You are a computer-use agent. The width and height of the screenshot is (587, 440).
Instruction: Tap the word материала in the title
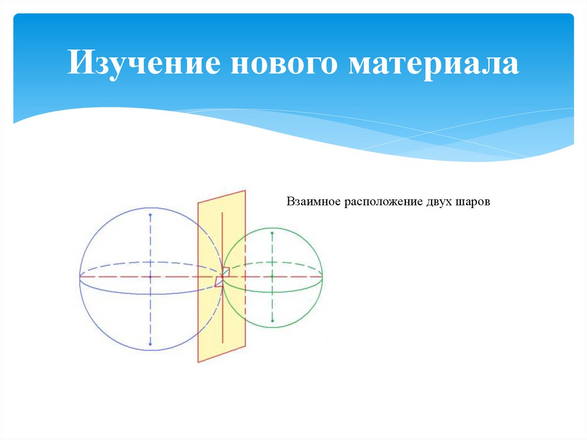[433, 64]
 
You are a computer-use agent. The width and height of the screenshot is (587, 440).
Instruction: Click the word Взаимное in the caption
[311, 203]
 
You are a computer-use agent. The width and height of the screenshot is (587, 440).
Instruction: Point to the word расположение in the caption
[383, 203]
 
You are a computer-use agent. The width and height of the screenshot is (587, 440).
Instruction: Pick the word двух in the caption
[440, 203]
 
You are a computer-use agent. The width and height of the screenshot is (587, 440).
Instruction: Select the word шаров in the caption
[474, 203]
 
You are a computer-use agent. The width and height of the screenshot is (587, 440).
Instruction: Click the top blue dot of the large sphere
[150, 215]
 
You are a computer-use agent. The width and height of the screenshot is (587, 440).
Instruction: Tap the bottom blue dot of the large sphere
[150, 344]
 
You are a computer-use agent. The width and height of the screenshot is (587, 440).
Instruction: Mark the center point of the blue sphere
[150, 277]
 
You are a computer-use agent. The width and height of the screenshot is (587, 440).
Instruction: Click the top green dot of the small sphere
[272, 232]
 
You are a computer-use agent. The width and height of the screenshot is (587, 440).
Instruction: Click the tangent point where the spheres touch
[222, 277]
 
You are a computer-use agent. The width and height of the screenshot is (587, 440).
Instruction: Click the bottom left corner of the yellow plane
[198, 362]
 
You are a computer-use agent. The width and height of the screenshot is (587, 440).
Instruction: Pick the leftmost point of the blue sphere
[79, 277]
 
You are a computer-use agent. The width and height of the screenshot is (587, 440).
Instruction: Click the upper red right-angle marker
[226, 271]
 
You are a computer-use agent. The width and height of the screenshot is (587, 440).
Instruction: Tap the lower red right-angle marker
[218, 282]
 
